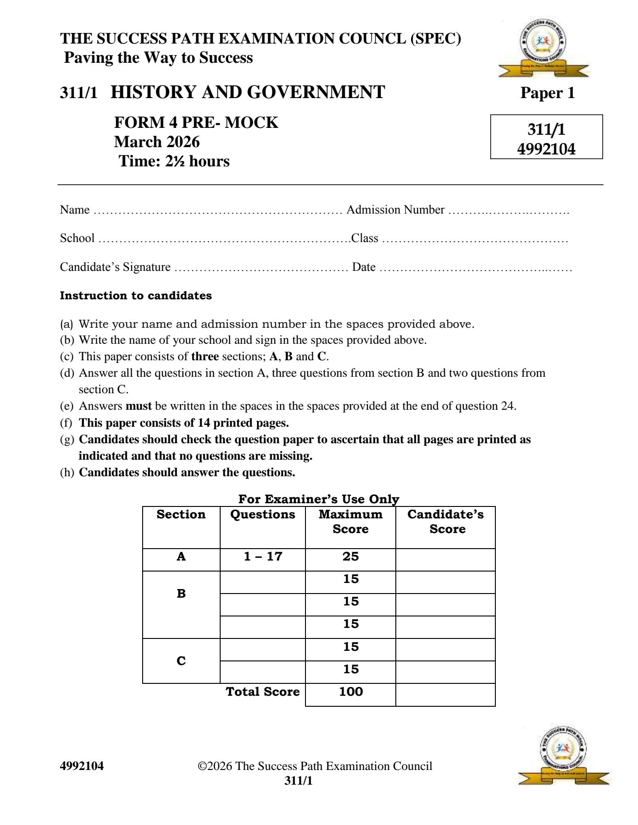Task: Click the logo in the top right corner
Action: (x=544, y=49)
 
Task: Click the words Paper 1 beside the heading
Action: (x=547, y=93)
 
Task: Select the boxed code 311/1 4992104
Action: (x=546, y=137)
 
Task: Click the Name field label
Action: (x=75, y=210)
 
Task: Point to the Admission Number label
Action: (x=395, y=210)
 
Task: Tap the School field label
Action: (x=77, y=238)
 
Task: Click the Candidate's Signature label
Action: (x=115, y=267)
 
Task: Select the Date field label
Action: (x=364, y=267)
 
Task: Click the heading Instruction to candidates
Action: (x=136, y=296)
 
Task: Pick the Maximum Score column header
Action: (x=350, y=522)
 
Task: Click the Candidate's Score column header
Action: (x=445, y=522)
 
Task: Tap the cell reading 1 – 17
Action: (x=263, y=557)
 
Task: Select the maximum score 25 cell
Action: (x=350, y=557)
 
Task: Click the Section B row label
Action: (x=181, y=594)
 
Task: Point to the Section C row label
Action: (x=181, y=661)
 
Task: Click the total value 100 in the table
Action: (x=351, y=692)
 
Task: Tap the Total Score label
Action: (x=263, y=692)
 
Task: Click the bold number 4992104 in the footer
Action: (x=82, y=766)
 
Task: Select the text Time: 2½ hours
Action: (x=174, y=161)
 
